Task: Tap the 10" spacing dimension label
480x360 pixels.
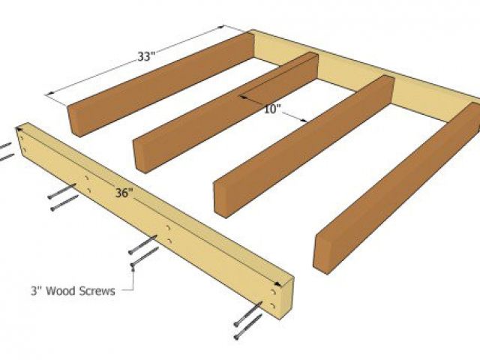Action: click(x=272, y=109)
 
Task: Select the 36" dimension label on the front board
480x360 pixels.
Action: click(x=124, y=193)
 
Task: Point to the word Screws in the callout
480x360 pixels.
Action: click(x=97, y=290)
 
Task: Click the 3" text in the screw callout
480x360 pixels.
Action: click(x=37, y=290)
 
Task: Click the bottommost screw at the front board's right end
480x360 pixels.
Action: click(x=248, y=327)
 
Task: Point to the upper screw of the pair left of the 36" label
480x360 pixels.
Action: click(x=61, y=191)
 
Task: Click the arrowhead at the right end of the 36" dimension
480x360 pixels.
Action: click(x=277, y=283)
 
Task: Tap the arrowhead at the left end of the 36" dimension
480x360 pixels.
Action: click(x=20, y=129)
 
